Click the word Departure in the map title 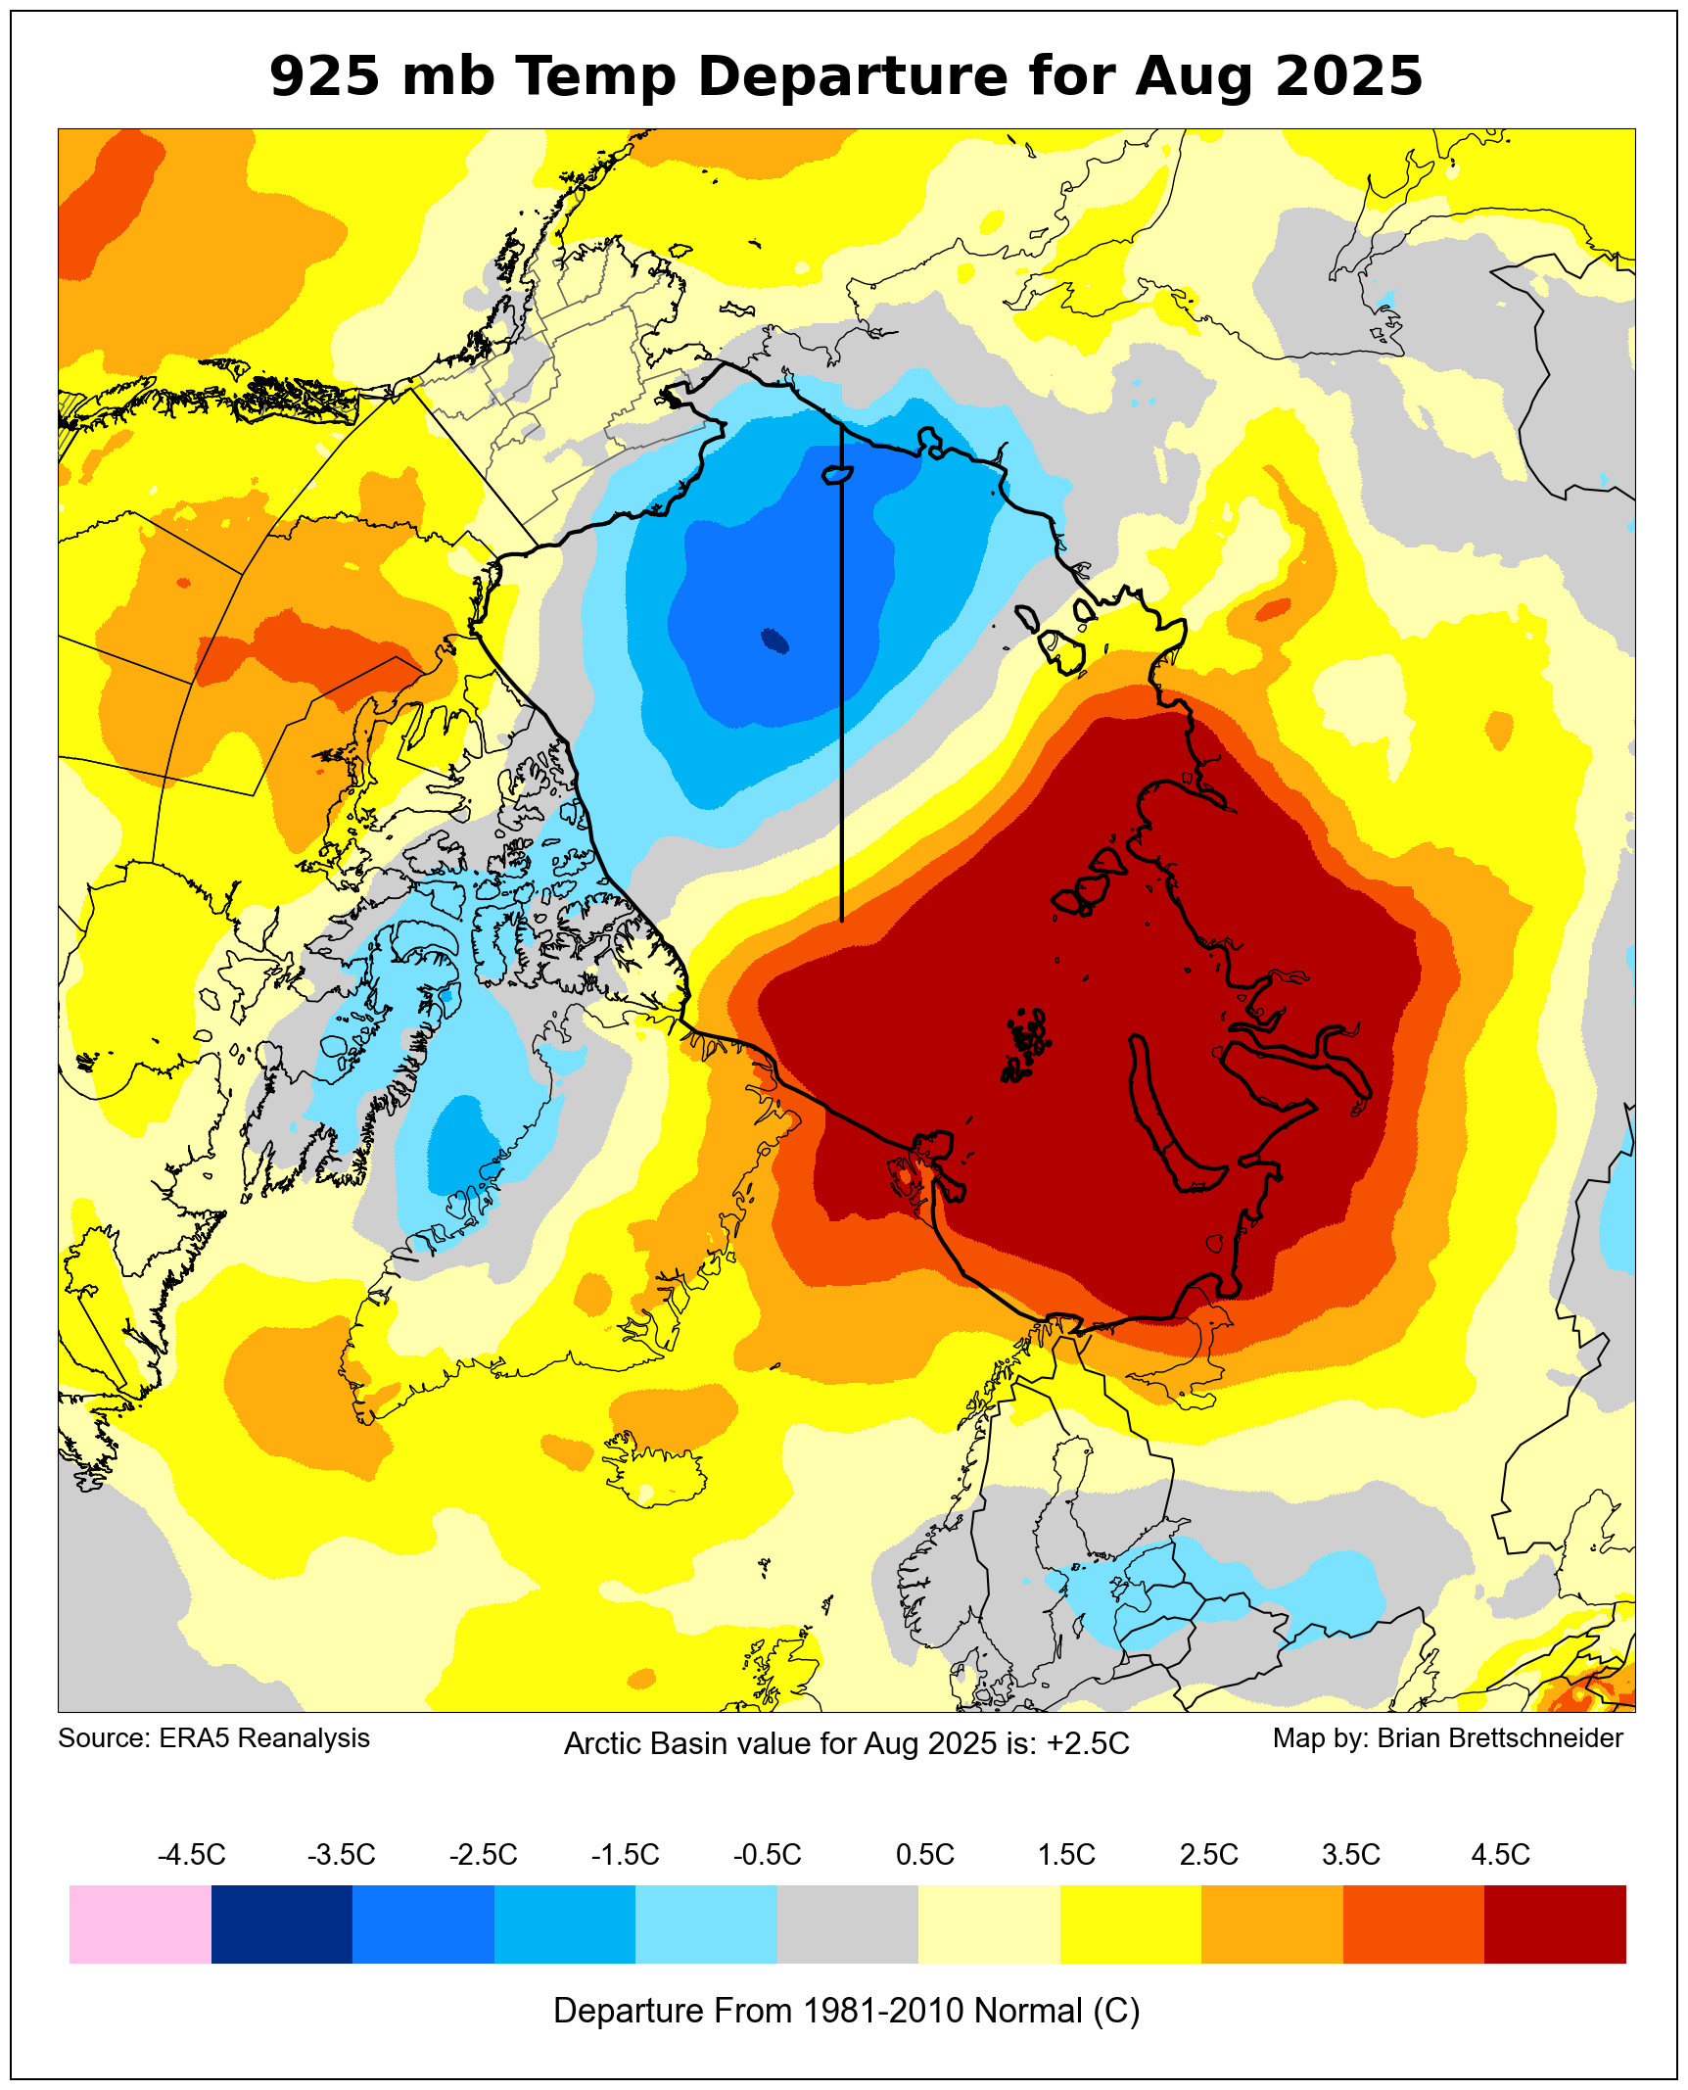[x=852, y=76]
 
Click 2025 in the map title [x=1349, y=76]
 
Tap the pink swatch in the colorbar [x=140, y=1924]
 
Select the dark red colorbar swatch [x=1555, y=1924]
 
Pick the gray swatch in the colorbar [x=847, y=1924]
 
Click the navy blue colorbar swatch [x=282, y=1924]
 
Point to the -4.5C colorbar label [x=192, y=1854]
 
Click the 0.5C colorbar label [x=924, y=1854]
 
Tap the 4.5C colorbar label [x=1500, y=1854]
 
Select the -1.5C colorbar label [x=625, y=1854]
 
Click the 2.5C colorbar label [x=1208, y=1854]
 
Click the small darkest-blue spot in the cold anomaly [x=775, y=641]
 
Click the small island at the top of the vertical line [x=837, y=475]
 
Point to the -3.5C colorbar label [x=342, y=1854]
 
